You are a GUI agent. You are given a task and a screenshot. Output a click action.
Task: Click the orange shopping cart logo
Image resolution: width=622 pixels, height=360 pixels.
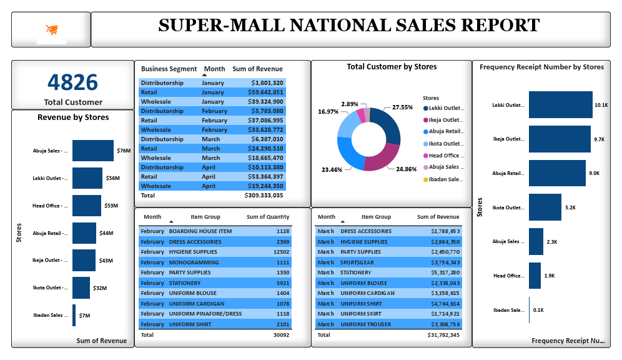tap(51, 30)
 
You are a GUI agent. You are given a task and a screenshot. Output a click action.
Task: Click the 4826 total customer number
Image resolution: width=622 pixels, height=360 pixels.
tap(73, 82)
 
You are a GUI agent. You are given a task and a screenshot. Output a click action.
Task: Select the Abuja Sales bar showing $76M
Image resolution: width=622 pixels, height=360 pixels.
tap(93, 151)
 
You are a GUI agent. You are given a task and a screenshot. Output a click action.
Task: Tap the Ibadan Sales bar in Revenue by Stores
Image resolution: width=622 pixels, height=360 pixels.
tap(74, 315)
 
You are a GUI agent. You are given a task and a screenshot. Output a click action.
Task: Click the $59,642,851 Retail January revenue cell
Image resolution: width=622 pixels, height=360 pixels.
tap(267, 92)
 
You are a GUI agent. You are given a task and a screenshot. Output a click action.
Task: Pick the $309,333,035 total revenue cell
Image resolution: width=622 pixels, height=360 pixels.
tap(264, 195)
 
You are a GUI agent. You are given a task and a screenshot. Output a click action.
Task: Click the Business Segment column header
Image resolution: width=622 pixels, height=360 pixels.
tap(169, 69)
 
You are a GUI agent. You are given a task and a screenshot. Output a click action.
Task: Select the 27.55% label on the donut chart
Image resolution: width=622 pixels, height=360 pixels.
tap(402, 107)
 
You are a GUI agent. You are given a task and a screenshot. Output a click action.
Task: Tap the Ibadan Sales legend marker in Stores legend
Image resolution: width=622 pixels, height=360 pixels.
tap(426, 179)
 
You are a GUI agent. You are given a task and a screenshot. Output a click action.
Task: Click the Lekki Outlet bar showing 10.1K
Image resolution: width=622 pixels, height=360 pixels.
tap(560, 105)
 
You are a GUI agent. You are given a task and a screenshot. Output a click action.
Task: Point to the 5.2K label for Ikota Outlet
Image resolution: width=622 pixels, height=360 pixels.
tap(571, 207)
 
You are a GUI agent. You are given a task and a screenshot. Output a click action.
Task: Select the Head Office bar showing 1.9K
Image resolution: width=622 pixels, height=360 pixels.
tap(535, 276)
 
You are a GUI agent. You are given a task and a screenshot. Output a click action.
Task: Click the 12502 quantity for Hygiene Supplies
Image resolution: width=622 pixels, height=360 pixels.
tap(281, 252)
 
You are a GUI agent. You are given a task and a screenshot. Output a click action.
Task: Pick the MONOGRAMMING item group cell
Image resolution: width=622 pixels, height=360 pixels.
tap(194, 262)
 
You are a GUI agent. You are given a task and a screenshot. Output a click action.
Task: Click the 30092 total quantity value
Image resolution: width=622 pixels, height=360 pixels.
tap(280, 335)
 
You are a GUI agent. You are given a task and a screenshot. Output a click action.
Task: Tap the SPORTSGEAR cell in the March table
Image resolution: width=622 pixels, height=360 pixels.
tap(357, 262)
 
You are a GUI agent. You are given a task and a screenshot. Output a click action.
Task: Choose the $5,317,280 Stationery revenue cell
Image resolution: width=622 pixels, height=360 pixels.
tap(445, 272)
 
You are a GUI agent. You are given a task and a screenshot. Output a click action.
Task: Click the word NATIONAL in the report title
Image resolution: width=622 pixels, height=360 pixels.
tap(344, 26)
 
